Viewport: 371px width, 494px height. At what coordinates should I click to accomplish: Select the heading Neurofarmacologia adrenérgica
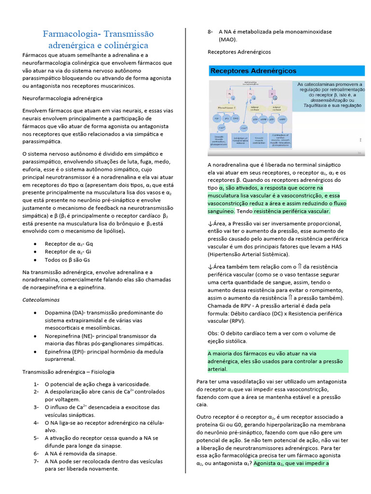62,98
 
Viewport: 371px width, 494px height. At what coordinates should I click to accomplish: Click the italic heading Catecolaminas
41,300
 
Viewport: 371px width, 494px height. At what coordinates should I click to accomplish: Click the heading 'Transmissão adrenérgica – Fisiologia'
69,371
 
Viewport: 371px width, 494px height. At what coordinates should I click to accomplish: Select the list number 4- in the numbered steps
36,422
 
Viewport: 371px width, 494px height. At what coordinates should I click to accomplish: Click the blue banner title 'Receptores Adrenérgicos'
253,71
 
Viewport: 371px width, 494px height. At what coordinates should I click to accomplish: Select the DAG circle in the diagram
235,118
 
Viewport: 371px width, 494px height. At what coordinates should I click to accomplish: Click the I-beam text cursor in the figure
361,140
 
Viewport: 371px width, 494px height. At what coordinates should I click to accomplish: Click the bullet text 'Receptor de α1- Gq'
69,244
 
